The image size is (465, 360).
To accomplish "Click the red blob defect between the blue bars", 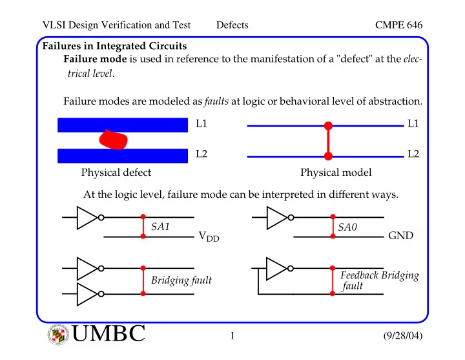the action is (x=113, y=139).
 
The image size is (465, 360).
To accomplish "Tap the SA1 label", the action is (x=160, y=227).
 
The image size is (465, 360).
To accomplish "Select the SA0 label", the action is (x=347, y=227).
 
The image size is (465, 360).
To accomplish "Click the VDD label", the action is (x=209, y=237).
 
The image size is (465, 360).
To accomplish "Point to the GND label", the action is (x=400, y=235).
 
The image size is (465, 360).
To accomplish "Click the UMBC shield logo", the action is (x=58, y=335).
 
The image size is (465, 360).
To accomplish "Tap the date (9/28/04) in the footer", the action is (x=403, y=335).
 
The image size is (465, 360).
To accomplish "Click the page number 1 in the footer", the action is (x=232, y=335).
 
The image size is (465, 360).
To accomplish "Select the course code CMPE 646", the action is (x=398, y=25).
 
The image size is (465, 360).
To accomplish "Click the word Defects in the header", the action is (x=232, y=25).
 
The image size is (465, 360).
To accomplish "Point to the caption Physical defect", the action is (x=116, y=173).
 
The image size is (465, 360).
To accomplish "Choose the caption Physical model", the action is (x=336, y=173).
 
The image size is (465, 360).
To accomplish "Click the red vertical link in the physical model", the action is (x=328, y=141).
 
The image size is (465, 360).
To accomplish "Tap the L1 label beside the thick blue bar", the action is (x=201, y=123).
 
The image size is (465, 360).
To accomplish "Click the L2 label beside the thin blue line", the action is (x=413, y=154).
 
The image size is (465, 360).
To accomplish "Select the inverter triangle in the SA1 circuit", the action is (x=86, y=218).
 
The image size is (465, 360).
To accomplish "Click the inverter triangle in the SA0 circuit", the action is (x=276, y=218).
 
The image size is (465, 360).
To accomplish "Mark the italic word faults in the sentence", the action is (x=216, y=101).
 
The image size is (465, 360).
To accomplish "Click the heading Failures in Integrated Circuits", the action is (x=114, y=46).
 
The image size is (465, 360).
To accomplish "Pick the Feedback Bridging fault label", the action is (x=379, y=280).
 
